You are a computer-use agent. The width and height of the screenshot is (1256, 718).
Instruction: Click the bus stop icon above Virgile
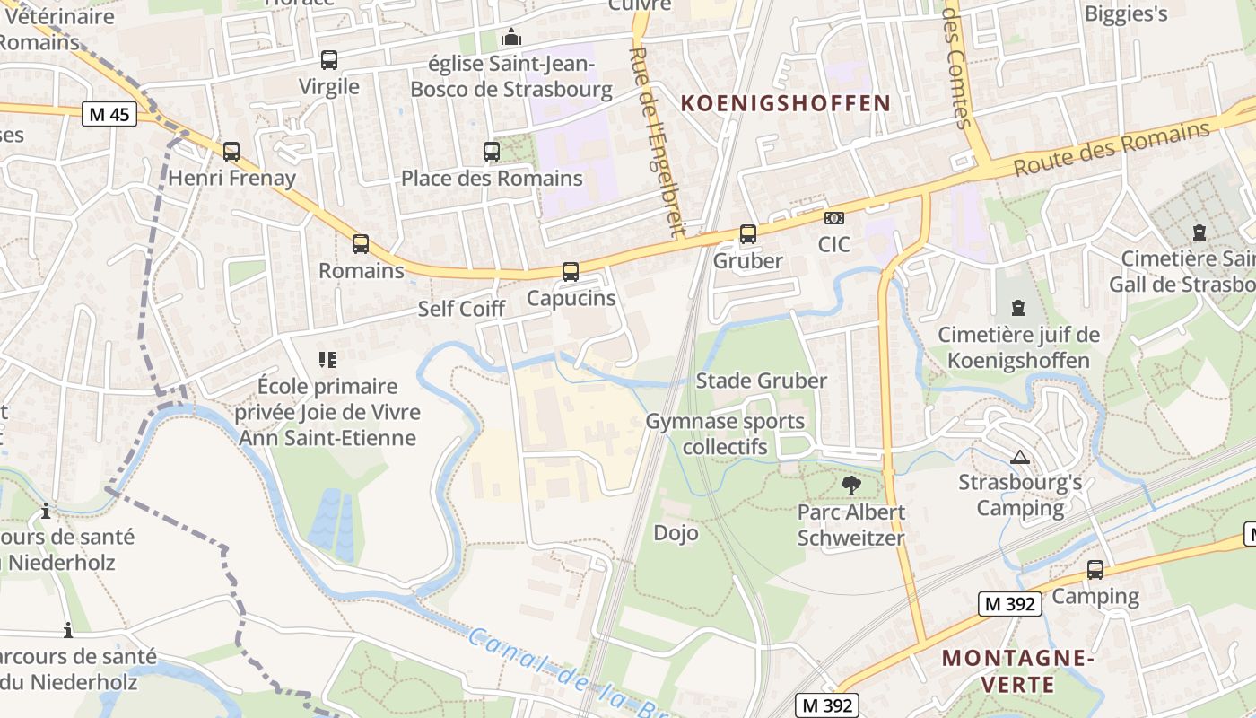pos(329,60)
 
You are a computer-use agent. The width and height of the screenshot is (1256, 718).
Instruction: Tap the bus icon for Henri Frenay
pos(231,152)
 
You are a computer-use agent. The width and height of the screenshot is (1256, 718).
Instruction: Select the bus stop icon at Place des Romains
pos(492,152)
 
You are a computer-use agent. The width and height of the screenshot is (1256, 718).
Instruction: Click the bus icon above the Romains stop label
pos(361,243)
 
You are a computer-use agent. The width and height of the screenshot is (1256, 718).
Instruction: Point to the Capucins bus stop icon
pos(571,271)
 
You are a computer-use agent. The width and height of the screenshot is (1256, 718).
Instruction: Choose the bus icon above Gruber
pos(748,234)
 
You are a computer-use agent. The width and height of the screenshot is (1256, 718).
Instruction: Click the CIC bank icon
pos(834,218)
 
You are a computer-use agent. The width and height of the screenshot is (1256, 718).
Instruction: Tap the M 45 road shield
pos(109,114)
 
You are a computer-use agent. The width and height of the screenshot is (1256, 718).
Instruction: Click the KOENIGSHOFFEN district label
pos(785,103)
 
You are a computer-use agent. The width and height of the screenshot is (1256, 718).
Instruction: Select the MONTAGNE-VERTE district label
pos(1017,671)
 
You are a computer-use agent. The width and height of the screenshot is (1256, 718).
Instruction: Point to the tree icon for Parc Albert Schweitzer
pos(851,486)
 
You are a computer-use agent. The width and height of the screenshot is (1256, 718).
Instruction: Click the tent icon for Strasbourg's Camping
pos(1019,457)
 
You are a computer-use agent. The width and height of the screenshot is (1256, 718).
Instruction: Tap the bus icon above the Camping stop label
pos(1095,569)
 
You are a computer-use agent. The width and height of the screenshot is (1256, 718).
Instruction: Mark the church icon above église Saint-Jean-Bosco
pos(511,37)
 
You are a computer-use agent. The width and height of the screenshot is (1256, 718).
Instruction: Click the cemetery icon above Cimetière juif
pos(1018,308)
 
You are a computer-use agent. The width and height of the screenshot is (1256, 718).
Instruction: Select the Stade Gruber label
pos(762,381)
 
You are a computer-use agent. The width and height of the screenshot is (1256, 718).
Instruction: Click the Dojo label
pos(676,532)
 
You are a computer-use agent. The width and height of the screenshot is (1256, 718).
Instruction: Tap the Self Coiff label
pos(462,309)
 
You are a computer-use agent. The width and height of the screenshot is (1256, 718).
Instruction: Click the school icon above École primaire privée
pos(327,360)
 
